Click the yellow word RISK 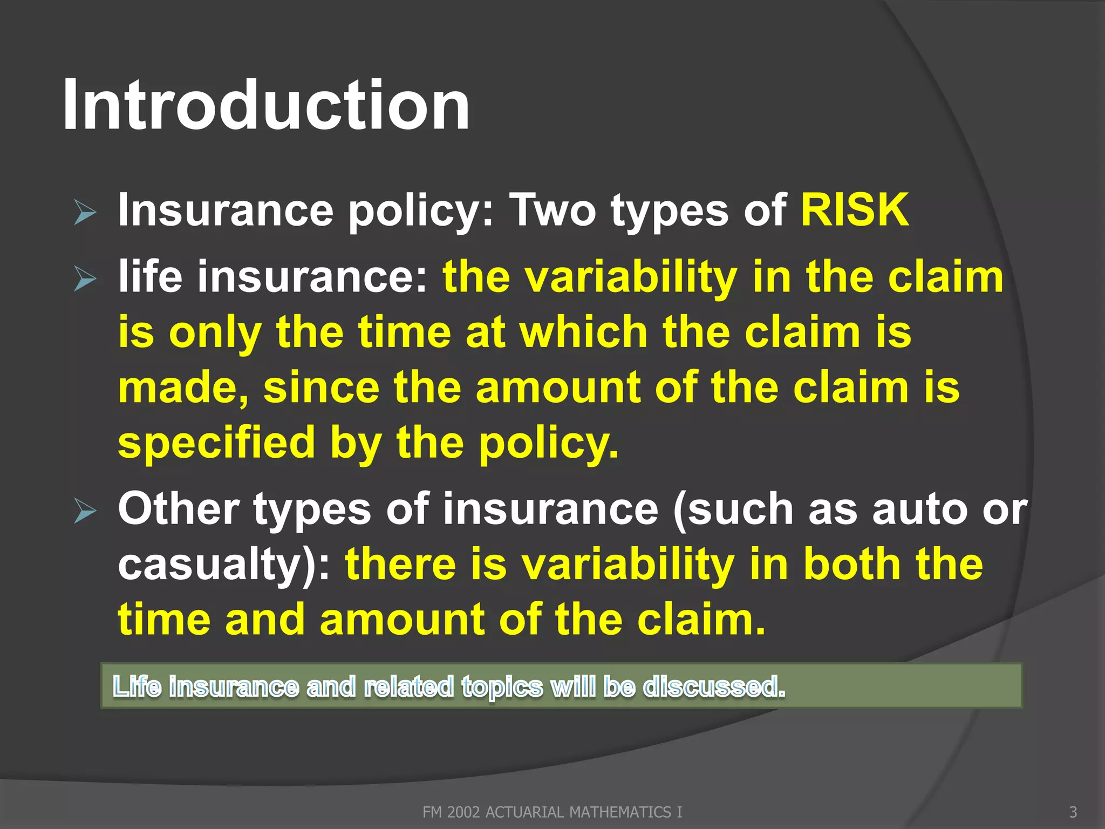(x=854, y=210)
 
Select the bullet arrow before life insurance (x=85, y=279)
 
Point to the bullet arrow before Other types (x=85, y=511)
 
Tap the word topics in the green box (x=502, y=687)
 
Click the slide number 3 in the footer (x=1073, y=812)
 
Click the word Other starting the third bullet (x=179, y=509)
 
